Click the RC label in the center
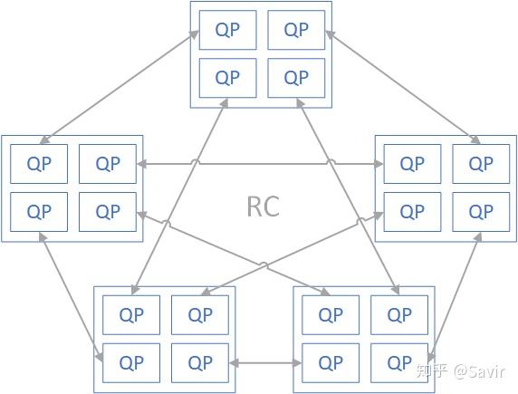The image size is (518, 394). click(263, 206)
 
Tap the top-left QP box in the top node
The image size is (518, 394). click(227, 30)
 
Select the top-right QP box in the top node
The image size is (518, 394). click(296, 30)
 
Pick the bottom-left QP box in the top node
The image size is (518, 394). click(227, 77)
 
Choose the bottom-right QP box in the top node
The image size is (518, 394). click(296, 77)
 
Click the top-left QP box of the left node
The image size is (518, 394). click(39, 164)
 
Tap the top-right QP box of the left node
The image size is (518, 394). click(108, 164)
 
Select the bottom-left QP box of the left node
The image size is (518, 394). click(39, 212)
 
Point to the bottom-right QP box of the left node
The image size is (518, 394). click(108, 212)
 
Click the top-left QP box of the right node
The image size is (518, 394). click(412, 164)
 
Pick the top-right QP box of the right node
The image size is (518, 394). click(481, 164)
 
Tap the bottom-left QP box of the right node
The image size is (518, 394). click(412, 212)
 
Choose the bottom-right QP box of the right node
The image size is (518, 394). click(481, 212)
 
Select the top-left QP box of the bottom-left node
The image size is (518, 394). click(131, 315)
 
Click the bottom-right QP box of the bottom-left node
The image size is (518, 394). click(200, 363)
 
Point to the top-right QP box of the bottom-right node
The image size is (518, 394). click(399, 315)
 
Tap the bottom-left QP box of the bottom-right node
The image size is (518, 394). click(331, 363)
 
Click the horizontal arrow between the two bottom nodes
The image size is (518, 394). click(265, 364)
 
